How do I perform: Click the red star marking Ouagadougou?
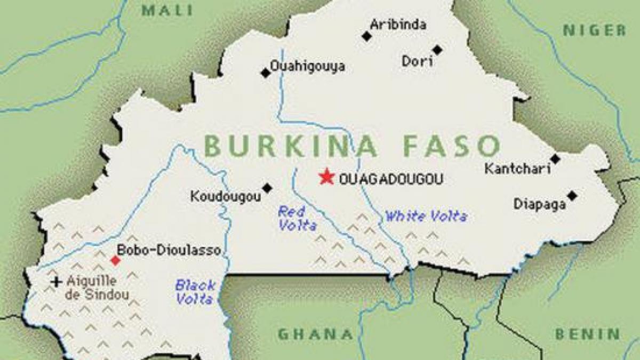(x=326, y=177)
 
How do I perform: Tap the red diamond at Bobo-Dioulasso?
(x=115, y=260)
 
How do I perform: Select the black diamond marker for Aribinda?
(x=366, y=36)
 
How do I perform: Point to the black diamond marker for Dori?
(x=437, y=50)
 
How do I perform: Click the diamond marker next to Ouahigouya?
(x=265, y=73)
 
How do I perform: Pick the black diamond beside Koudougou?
(x=267, y=188)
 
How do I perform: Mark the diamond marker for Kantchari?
(x=555, y=159)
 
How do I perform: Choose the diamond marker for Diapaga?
(x=572, y=196)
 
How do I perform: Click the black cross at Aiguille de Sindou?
(x=56, y=282)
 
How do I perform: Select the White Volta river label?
(x=426, y=217)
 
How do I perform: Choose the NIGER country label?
(x=595, y=30)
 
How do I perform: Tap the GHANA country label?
(x=315, y=334)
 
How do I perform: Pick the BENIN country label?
(x=588, y=334)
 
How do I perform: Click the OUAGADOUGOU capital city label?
(x=391, y=179)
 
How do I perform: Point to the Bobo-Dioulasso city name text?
(x=169, y=251)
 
